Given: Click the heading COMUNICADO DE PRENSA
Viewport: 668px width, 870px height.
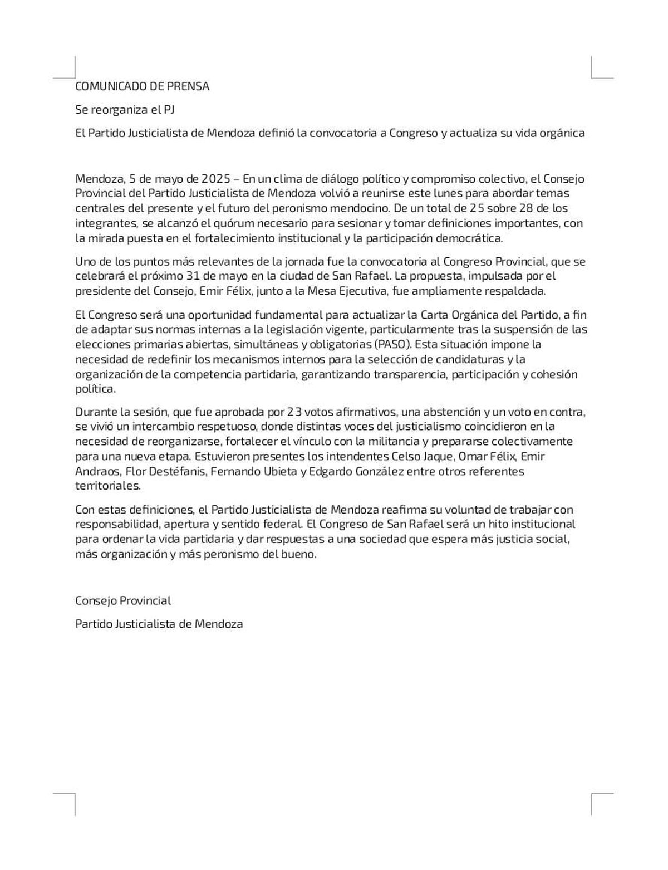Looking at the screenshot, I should pos(142,86).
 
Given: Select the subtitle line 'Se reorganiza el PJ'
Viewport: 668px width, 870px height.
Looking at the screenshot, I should pos(125,110).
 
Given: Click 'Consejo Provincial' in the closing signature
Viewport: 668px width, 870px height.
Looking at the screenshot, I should pos(123,601).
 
